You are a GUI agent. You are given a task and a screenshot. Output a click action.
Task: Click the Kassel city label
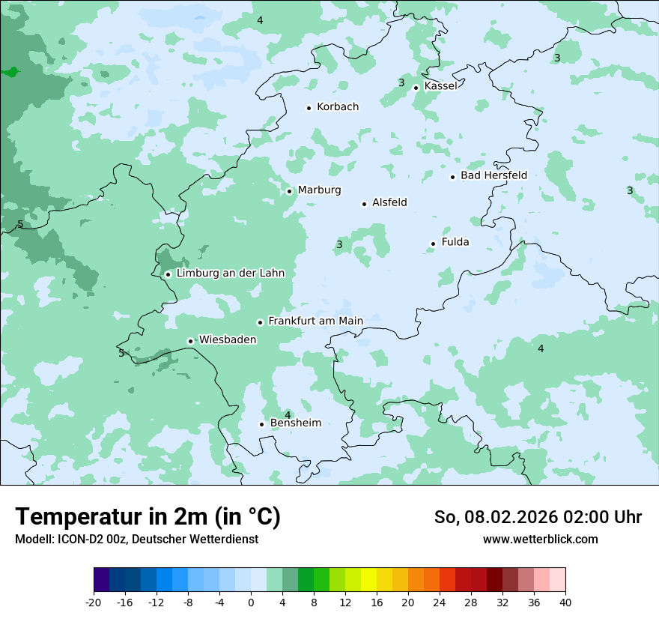coord(440,86)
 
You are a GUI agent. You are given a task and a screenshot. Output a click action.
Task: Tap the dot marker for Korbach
coord(309,108)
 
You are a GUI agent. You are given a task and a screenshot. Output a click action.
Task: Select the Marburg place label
coord(319,190)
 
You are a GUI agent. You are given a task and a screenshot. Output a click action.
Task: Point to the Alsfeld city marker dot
coord(365,204)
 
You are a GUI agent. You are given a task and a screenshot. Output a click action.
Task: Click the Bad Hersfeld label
coord(494,175)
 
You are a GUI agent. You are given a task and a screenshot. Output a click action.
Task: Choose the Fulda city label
coord(455,242)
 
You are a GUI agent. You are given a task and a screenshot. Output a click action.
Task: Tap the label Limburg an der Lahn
coord(230,274)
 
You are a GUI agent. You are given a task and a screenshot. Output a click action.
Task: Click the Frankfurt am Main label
coord(315,321)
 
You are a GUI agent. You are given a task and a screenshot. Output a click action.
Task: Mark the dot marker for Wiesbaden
coord(191,341)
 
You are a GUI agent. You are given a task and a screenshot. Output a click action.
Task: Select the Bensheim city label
coord(295,423)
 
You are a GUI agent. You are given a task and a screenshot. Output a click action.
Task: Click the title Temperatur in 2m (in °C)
coord(148,517)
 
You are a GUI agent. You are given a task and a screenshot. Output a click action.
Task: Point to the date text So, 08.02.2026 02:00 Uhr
coord(538,517)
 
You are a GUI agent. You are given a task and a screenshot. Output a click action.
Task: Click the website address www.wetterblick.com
coord(540,540)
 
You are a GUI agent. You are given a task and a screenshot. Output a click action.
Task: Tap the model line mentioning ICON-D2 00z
coord(136,540)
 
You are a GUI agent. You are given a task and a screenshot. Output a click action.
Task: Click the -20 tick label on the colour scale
coord(94,602)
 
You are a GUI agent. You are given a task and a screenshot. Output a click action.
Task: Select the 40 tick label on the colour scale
coord(565,602)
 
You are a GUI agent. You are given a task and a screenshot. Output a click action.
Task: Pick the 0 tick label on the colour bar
coord(251,602)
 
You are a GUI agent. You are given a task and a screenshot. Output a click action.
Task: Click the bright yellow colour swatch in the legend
coord(368,580)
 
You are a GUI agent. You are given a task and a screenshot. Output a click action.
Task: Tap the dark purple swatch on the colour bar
coord(102,580)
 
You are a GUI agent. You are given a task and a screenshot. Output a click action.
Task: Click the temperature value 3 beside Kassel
coord(401,83)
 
